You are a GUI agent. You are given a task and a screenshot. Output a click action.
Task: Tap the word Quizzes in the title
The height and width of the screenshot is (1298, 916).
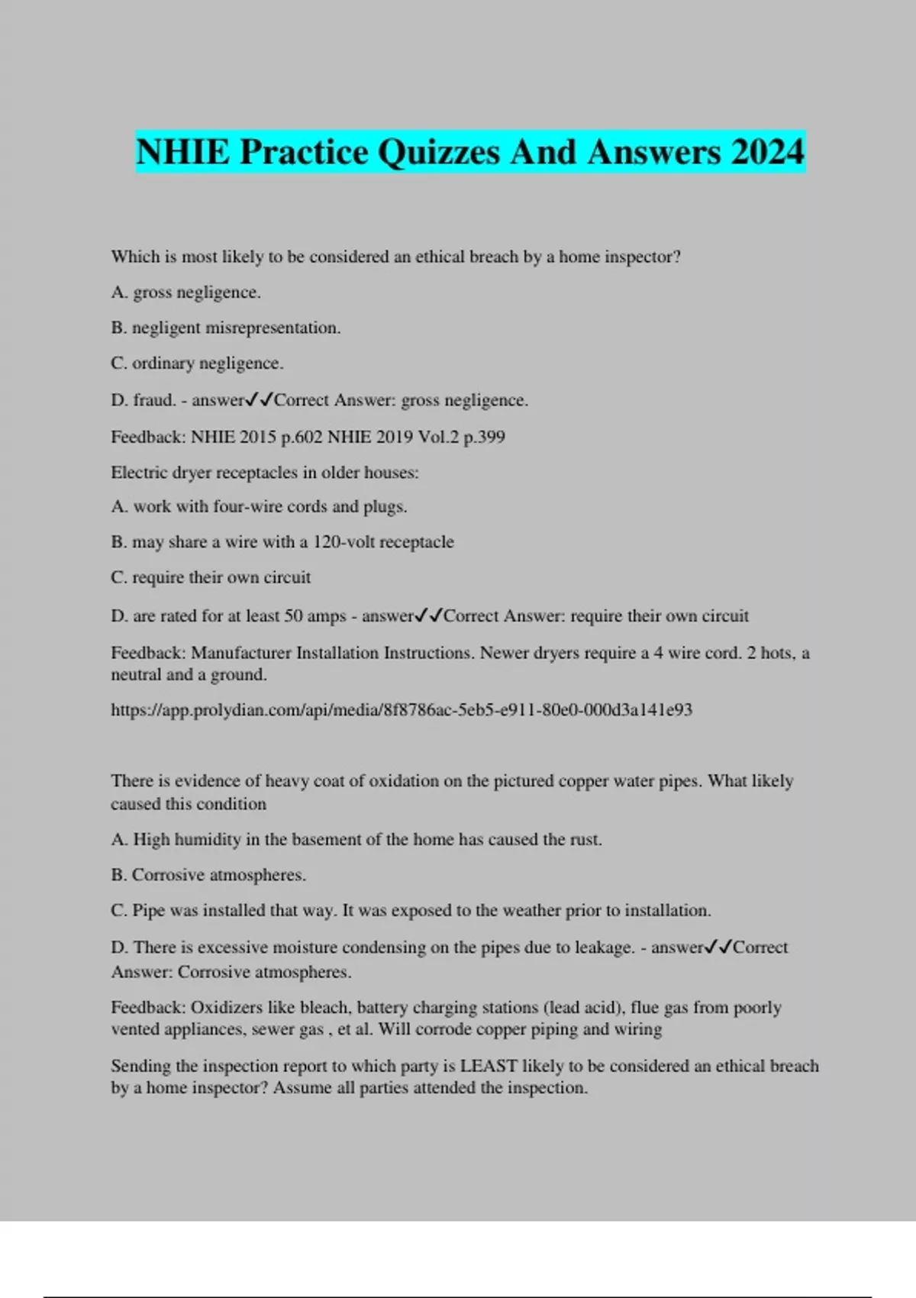pos(439,152)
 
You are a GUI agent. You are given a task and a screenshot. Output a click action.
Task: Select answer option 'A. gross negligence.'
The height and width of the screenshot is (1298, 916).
pos(185,292)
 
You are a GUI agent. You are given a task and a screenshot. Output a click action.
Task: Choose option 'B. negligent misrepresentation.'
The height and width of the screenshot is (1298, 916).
pos(225,328)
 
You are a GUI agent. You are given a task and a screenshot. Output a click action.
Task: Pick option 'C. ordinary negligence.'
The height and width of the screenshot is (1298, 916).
pos(197,363)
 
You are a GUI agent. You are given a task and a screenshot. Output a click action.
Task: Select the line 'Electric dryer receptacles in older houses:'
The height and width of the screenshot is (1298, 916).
pos(264,473)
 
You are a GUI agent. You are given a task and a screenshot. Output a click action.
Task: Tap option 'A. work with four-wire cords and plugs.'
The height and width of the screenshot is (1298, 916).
pos(259,507)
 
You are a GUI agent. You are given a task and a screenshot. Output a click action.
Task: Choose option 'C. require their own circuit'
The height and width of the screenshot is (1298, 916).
pos(211,578)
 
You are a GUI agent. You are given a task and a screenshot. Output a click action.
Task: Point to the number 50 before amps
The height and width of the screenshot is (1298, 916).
pos(294,616)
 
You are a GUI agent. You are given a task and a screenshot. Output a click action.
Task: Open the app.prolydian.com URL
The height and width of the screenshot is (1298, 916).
pos(402,710)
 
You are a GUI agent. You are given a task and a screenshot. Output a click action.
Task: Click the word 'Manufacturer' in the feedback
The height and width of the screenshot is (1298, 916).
pos(240,654)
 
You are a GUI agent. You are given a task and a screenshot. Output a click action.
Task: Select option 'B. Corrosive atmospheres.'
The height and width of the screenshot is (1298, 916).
pos(208,875)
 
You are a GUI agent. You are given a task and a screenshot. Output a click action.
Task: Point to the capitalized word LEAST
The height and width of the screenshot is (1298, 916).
pos(489,1066)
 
